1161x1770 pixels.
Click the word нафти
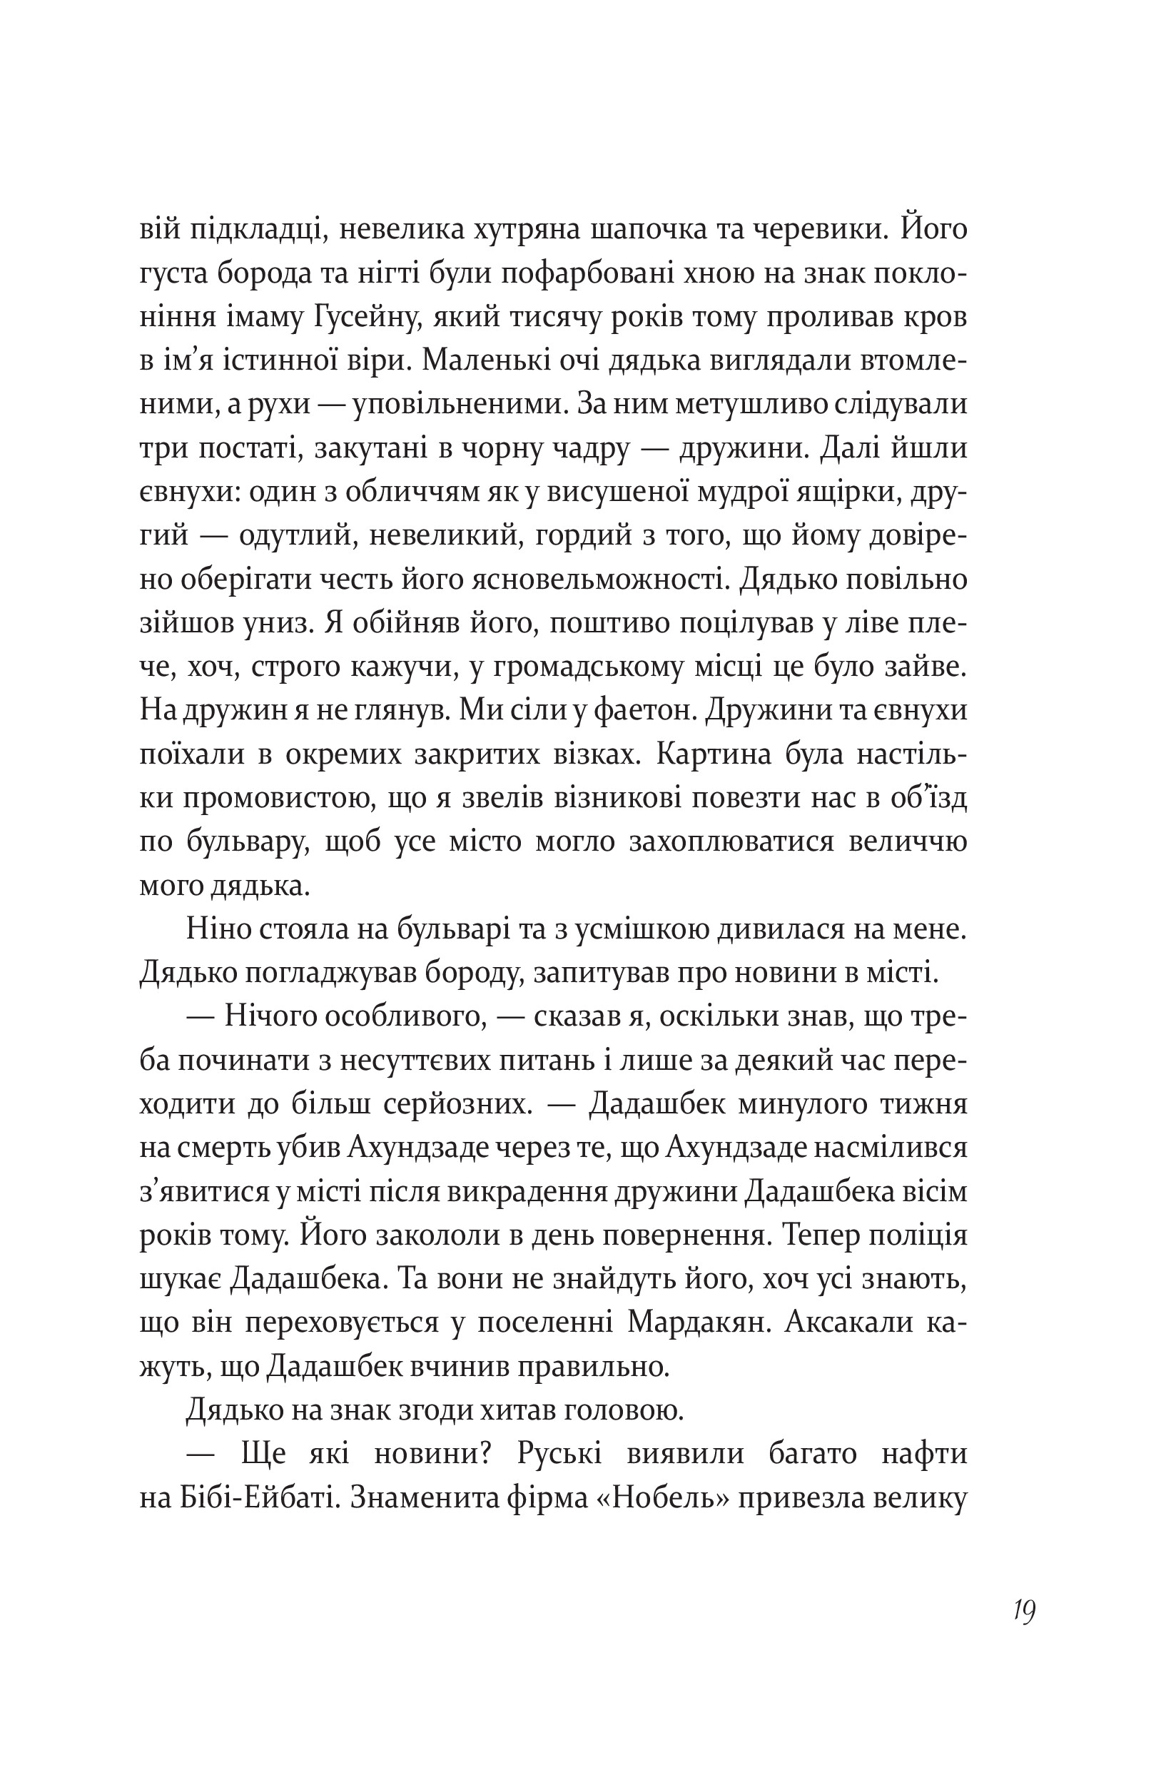924,1455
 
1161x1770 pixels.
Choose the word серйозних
459,1105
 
